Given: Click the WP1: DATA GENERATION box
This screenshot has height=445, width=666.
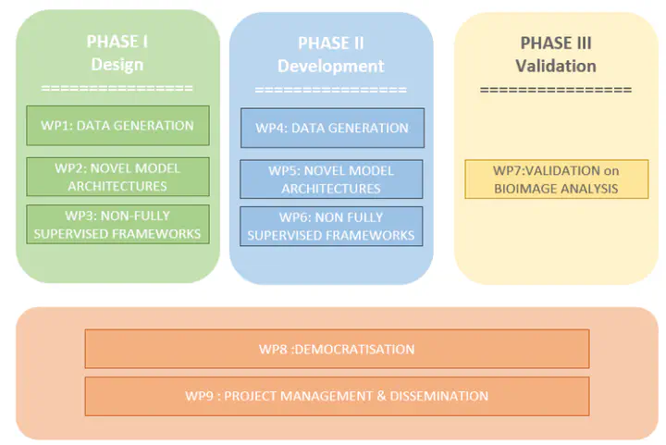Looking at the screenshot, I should click(x=117, y=126).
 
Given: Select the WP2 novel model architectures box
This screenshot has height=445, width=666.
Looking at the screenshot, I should click(x=117, y=177).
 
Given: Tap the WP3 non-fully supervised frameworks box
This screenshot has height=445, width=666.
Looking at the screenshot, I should click(x=117, y=225).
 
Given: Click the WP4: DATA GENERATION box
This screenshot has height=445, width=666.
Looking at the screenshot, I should click(x=332, y=128).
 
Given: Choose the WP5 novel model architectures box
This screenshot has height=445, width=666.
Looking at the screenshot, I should click(x=331, y=179).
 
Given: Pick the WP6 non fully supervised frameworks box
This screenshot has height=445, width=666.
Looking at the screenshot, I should click(x=331, y=227).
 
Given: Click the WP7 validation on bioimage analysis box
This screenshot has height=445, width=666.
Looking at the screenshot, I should click(x=555, y=179).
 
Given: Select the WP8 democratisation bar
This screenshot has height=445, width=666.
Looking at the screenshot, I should click(x=337, y=349).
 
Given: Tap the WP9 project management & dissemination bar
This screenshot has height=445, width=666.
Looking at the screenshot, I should click(x=337, y=396).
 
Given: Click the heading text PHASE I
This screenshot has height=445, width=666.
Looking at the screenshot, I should click(x=117, y=41).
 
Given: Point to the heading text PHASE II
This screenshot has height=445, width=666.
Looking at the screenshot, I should click(x=331, y=43).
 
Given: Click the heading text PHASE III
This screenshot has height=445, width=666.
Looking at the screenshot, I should click(x=556, y=43).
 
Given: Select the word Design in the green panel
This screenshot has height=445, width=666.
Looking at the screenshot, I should click(x=117, y=65).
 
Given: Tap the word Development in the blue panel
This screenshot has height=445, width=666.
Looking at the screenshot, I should click(x=331, y=67).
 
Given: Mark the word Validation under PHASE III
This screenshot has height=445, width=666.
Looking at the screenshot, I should click(x=556, y=67).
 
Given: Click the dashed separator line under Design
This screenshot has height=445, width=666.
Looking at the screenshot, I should click(x=117, y=88).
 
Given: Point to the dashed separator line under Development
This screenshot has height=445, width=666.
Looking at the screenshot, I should click(x=331, y=90).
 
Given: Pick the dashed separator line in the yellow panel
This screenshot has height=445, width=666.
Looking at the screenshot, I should click(x=556, y=90).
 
